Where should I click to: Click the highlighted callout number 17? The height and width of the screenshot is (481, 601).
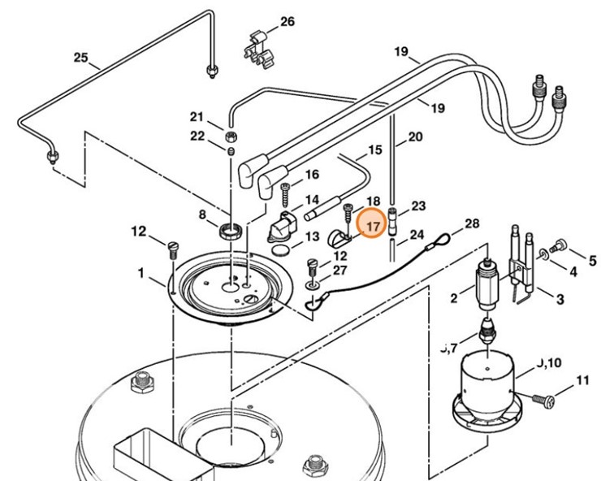(373, 226)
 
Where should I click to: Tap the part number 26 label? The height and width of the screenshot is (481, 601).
(288, 22)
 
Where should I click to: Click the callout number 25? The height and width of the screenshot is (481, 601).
(80, 58)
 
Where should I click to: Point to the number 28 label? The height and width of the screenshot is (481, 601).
(472, 223)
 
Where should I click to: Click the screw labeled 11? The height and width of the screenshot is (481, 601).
(544, 399)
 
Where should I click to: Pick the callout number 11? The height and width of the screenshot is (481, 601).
(582, 379)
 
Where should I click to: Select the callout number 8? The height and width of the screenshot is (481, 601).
(202, 214)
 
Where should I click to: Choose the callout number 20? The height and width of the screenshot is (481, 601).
(415, 137)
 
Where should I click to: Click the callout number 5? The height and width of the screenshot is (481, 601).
(592, 261)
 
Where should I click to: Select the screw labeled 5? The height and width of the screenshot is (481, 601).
(560, 245)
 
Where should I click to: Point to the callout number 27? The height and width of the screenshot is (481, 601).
(339, 270)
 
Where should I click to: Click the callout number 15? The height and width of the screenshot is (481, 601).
(374, 150)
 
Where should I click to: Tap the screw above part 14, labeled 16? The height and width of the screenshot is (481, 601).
(286, 194)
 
